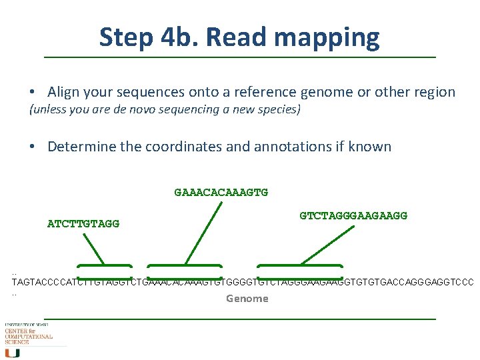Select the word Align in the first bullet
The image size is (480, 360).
[x=63, y=92]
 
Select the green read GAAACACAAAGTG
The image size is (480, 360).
[x=221, y=193]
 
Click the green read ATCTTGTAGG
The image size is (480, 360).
[x=83, y=224]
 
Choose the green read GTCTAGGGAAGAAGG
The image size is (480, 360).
[x=353, y=216]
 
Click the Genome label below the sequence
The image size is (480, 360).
[x=247, y=299]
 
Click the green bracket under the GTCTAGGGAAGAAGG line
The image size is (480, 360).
[x=300, y=267]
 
